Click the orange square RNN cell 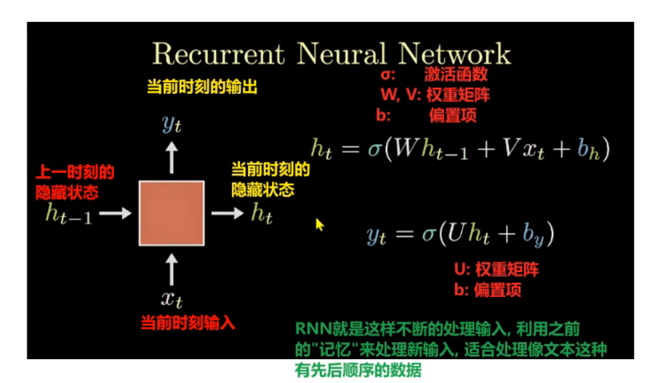171,212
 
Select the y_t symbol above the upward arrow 172,123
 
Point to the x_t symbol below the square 172,297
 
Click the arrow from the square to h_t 227,213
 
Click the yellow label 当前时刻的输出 202,87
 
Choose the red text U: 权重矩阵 496,270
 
